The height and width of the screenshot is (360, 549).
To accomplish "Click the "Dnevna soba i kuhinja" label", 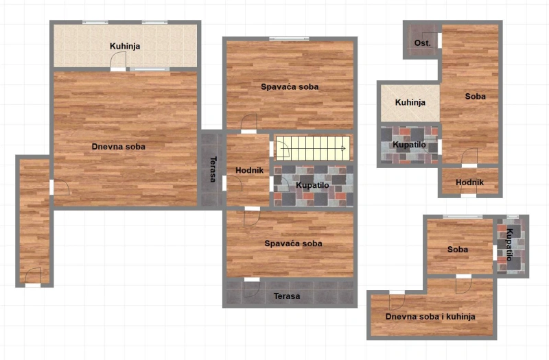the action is (x=430, y=317).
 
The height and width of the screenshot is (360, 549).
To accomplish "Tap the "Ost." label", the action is (x=422, y=43).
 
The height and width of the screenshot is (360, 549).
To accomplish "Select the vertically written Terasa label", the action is (x=213, y=169).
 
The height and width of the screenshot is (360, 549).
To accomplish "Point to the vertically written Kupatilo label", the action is (x=510, y=245).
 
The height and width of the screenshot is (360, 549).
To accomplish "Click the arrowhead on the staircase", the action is (x=344, y=149).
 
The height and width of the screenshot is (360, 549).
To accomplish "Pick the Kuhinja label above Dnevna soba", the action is (x=125, y=46).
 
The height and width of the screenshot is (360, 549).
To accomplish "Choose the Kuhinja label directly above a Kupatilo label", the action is (x=410, y=102).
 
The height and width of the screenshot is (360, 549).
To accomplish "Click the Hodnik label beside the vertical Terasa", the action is (x=249, y=170).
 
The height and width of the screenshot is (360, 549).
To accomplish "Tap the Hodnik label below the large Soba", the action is (x=469, y=182).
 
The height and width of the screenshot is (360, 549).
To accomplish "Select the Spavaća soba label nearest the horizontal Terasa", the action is (x=293, y=243).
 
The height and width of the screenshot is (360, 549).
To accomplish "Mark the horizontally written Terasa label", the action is (x=287, y=296).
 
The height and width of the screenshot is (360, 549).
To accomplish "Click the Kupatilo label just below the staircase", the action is (x=312, y=185).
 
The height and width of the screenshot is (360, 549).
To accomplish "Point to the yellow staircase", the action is (x=313, y=149).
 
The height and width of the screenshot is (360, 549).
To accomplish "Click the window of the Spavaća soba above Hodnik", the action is (x=289, y=38).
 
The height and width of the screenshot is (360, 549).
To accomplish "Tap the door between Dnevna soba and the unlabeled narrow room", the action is (x=52, y=187).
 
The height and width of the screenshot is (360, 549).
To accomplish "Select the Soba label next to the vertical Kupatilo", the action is (x=458, y=250).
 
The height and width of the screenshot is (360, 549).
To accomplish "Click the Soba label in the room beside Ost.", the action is (x=475, y=96).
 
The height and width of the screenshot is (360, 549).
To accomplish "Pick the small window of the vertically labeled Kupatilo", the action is (x=513, y=217).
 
